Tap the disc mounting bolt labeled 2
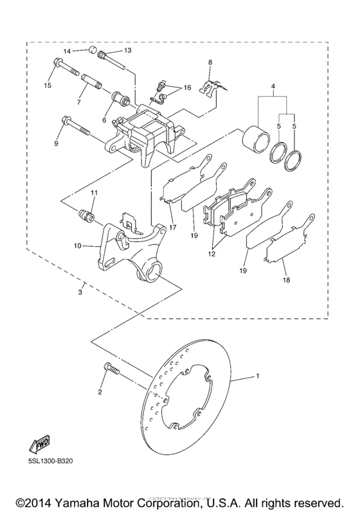(108, 371)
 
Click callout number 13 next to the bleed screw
(127, 49)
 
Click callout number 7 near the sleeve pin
(79, 103)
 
